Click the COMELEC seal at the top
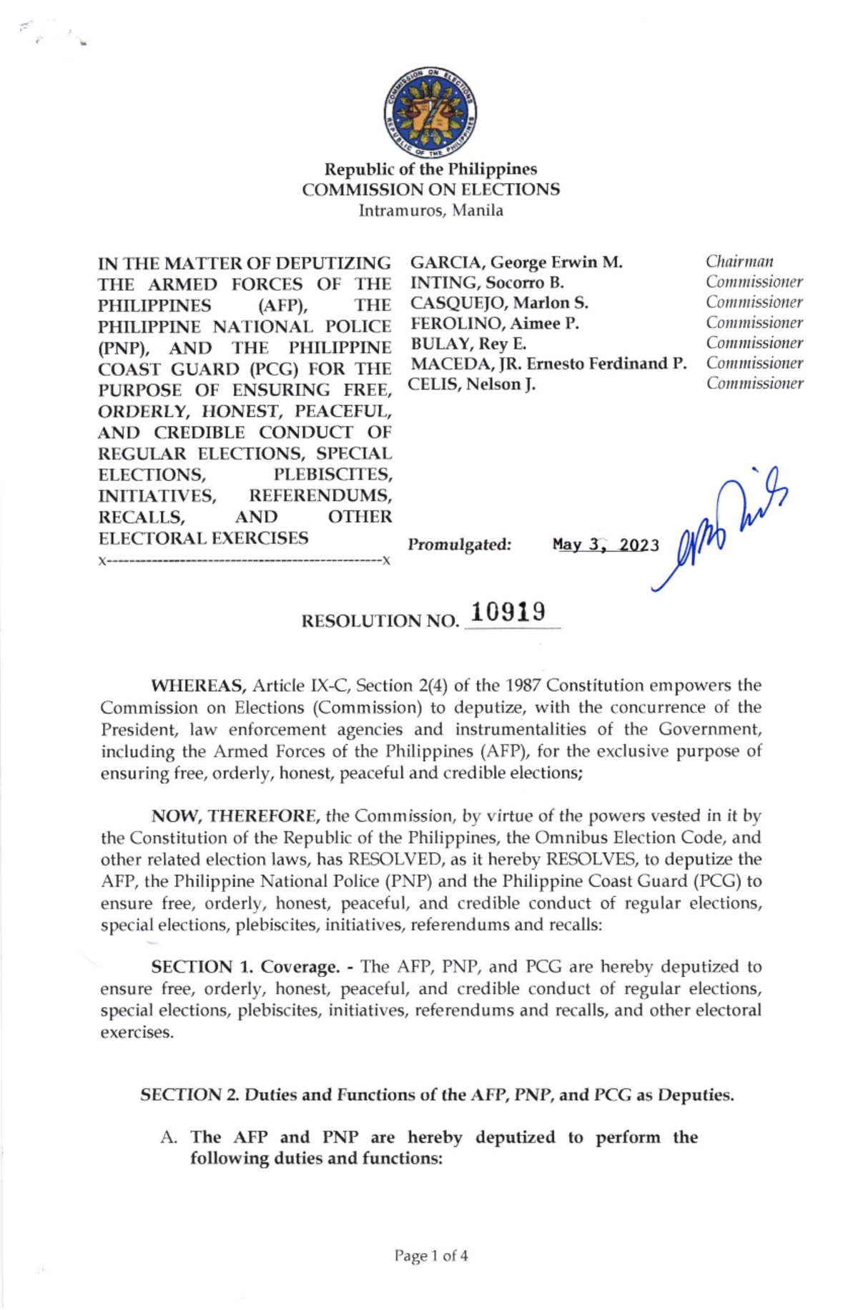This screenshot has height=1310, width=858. pyautogui.click(x=430, y=113)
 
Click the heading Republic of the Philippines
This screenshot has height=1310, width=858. pyautogui.click(x=430, y=169)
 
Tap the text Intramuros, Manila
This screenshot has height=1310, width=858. pyautogui.click(x=430, y=211)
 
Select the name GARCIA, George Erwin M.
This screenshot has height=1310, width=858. pyautogui.click(x=516, y=262)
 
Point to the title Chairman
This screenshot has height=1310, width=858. pyautogui.click(x=739, y=262)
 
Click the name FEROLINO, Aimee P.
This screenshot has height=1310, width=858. pyautogui.click(x=494, y=323)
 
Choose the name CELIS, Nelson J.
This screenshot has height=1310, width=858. pyautogui.click(x=472, y=384)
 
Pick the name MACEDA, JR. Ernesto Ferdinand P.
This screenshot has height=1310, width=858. pyautogui.click(x=548, y=364)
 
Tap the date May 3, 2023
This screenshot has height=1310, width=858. pyautogui.click(x=605, y=545)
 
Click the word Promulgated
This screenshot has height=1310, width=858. pyautogui.click(x=460, y=545)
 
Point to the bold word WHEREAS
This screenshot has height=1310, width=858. pyautogui.click(x=198, y=686)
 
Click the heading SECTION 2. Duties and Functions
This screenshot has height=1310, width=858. pyautogui.click(x=437, y=1095)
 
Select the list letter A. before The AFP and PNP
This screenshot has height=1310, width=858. pyautogui.click(x=169, y=1137)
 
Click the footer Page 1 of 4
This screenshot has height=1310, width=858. pyautogui.click(x=431, y=1256)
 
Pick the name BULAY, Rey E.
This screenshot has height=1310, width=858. pyautogui.click(x=468, y=344)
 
